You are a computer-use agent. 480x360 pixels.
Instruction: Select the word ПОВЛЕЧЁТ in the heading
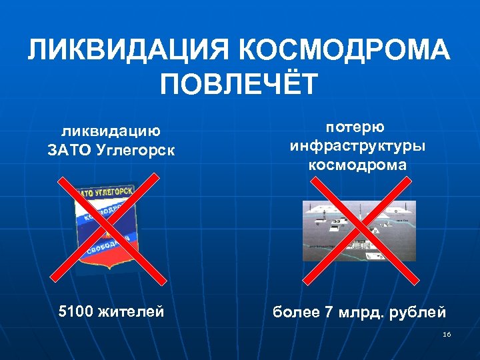tap(240, 85)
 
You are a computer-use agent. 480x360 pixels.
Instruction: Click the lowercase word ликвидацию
tap(111, 131)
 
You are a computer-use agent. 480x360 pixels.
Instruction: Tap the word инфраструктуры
tap(357, 145)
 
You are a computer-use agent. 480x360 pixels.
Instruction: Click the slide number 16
tap(447, 334)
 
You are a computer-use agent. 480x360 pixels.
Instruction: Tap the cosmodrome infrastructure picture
tap(358, 231)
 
